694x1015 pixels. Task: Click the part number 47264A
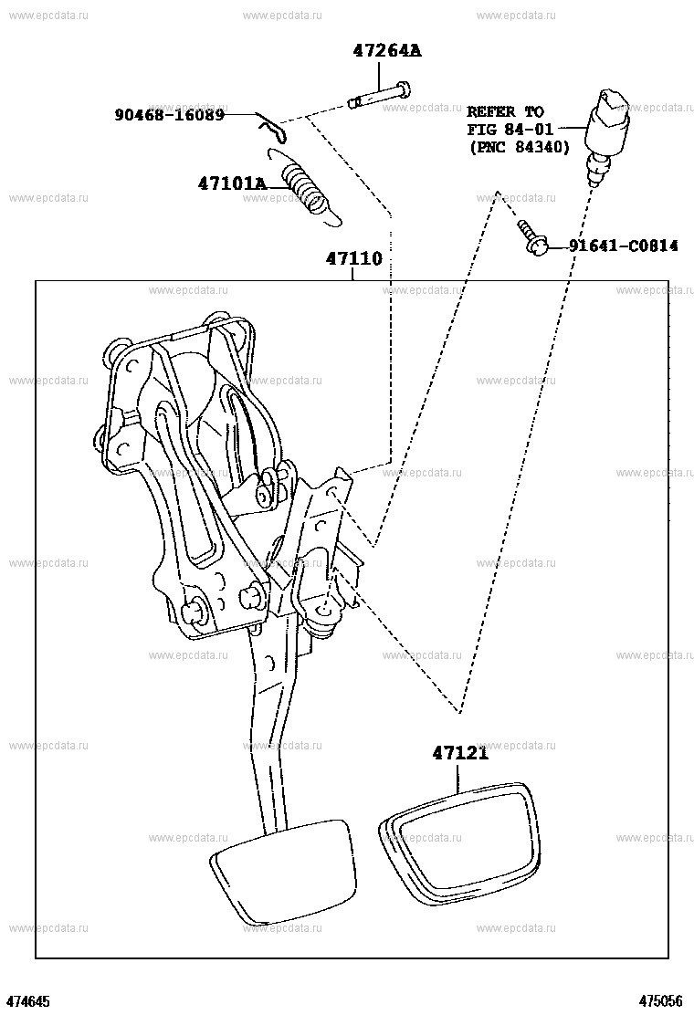coord(386,50)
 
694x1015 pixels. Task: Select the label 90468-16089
coord(170,115)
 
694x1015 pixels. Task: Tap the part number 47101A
coord(232,183)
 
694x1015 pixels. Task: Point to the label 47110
coord(354,259)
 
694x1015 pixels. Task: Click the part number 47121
coord(460,753)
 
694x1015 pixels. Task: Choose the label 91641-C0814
coord(624,246)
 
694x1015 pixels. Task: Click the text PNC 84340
coord(519,148)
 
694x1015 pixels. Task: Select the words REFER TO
coord(506,111)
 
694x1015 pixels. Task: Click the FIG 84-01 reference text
coord(510,130)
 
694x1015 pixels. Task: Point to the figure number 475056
coord(661,1001)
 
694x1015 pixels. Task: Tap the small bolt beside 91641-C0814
coord(532,236)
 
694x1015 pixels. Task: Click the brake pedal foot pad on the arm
coord(284,870)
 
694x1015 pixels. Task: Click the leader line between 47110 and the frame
coord(353,275)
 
